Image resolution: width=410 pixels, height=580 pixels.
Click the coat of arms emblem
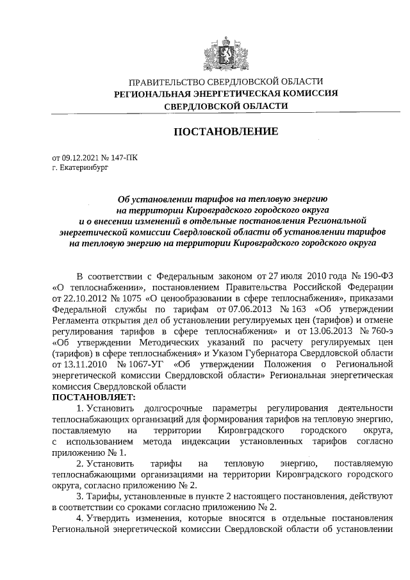pos(226,51)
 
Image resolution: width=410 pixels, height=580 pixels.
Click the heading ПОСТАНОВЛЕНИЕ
pos(226,131)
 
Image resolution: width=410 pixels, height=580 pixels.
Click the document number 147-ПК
pos(122,156)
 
